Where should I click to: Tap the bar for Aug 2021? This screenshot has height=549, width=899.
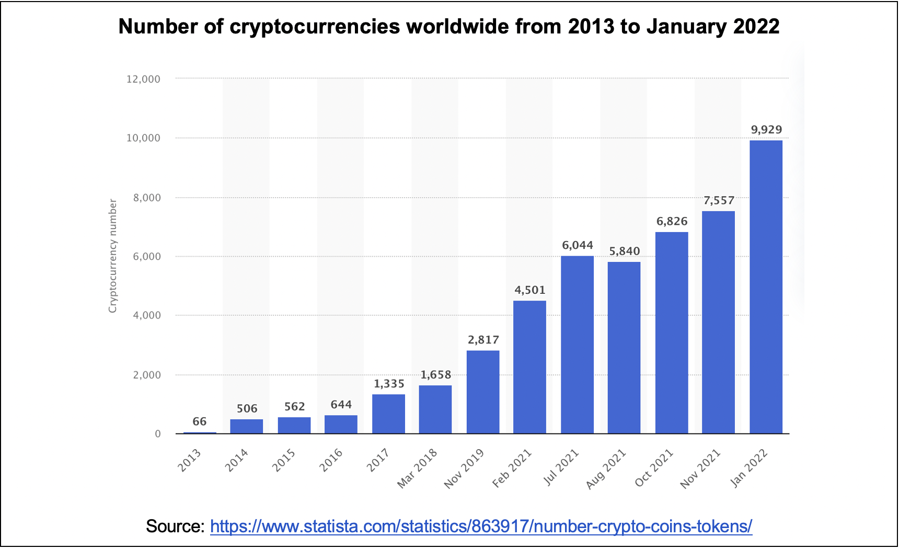pyautogui.click(x=624, y=348)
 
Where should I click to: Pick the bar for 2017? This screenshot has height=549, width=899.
pyautogui.click(x=388, y=414)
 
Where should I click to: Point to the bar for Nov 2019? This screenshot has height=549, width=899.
pyautogui.click(x=482, y=392)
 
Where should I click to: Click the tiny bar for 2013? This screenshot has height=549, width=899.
pyautogui.click(x=200, y=432)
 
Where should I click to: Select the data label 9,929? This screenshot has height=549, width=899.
pyautogui.click(x=766, y=130)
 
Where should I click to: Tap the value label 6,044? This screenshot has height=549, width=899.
pyautogui.click(x=577, y=245)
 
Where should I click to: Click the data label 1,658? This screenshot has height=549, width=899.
pyautogui.click(x=435, y=375)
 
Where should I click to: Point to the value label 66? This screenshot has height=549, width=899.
pyautogui.click(x=199, y=421)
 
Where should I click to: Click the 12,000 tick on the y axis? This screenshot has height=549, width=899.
pyautogui.click(x=143, y=79)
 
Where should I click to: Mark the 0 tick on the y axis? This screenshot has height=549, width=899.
pyautogui.click(x=157, y=434)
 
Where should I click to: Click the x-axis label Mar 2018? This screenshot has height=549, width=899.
pyautogui.click(x=417, y=468)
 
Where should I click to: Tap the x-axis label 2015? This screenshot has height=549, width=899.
pyautogui.click(x=284, y=461)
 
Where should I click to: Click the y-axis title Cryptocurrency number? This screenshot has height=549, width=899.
pyautogui.click(x=112, y=256)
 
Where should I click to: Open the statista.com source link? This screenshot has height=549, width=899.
pyautogui.click(x=481, y=527)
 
